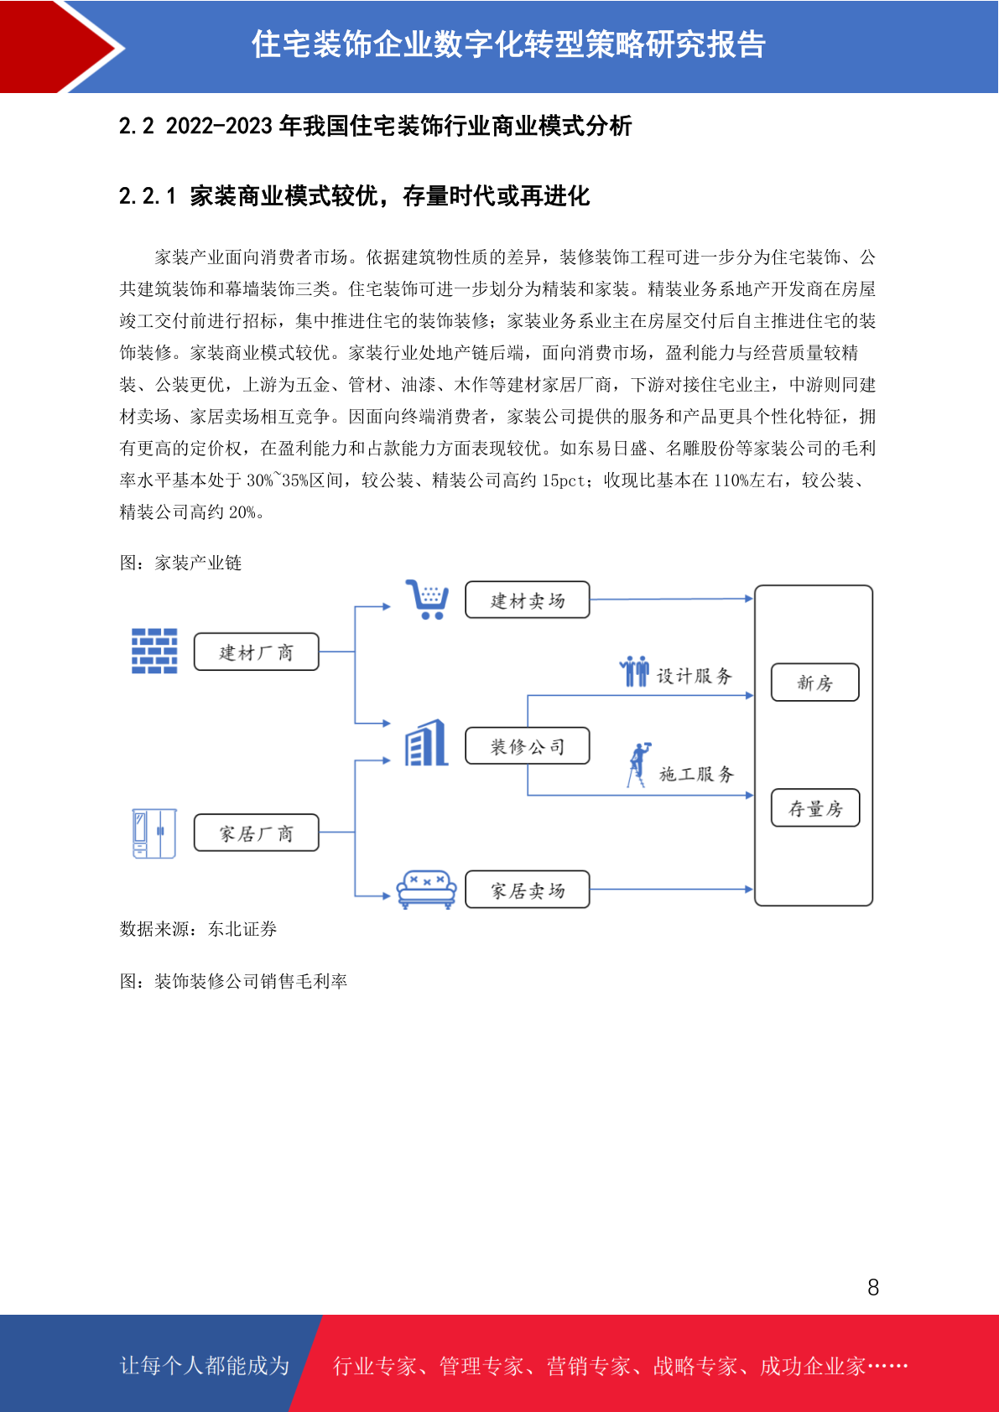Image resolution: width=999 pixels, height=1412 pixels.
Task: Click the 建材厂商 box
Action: pyautogui.click(x=256, y=651)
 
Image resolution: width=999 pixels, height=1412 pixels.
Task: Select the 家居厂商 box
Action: pyautogui.click(x=256, y=833)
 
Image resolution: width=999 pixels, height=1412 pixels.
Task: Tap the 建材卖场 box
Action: pyautogui.click(x=528, y=600)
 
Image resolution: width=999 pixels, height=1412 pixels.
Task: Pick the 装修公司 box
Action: pyautogui.click(x=528, y=745)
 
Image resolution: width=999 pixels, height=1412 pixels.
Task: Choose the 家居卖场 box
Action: pyautogui.click(x=528, y=890)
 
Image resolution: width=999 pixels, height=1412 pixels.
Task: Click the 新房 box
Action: pyautogui.click(x=814, y=682)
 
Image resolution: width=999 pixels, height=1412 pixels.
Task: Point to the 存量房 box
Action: pyautogui.click(x=814, y=807)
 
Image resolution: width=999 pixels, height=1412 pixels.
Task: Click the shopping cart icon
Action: pyautogui.click(x=427, y=600)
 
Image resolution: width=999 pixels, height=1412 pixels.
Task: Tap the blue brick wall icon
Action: pyautogui.click(x=153, y=651)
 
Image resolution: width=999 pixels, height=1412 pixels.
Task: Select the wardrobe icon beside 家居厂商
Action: pyautogui.click(x=153, y=833)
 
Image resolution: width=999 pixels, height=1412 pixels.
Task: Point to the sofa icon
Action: pyautogui.click(x=426, y=890)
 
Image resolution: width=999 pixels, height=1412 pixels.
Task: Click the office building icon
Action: pyautogui.click(x=426, y=743)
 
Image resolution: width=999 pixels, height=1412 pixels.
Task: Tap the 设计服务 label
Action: pyautogui.click(x=695, y=677)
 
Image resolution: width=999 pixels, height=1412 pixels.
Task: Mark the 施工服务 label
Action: pyautogui.click(x=696, y=774)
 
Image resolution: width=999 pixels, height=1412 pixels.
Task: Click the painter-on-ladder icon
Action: pyautogui.click(x=638, y=765)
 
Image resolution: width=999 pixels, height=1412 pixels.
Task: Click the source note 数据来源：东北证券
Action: pyautogui.click(x=198, y=928)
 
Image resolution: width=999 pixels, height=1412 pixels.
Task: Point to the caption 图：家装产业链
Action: pyautogui.click(x=180, y=563)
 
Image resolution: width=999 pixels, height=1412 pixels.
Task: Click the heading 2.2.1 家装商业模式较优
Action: pyautogui.click(x=355, y=196)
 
